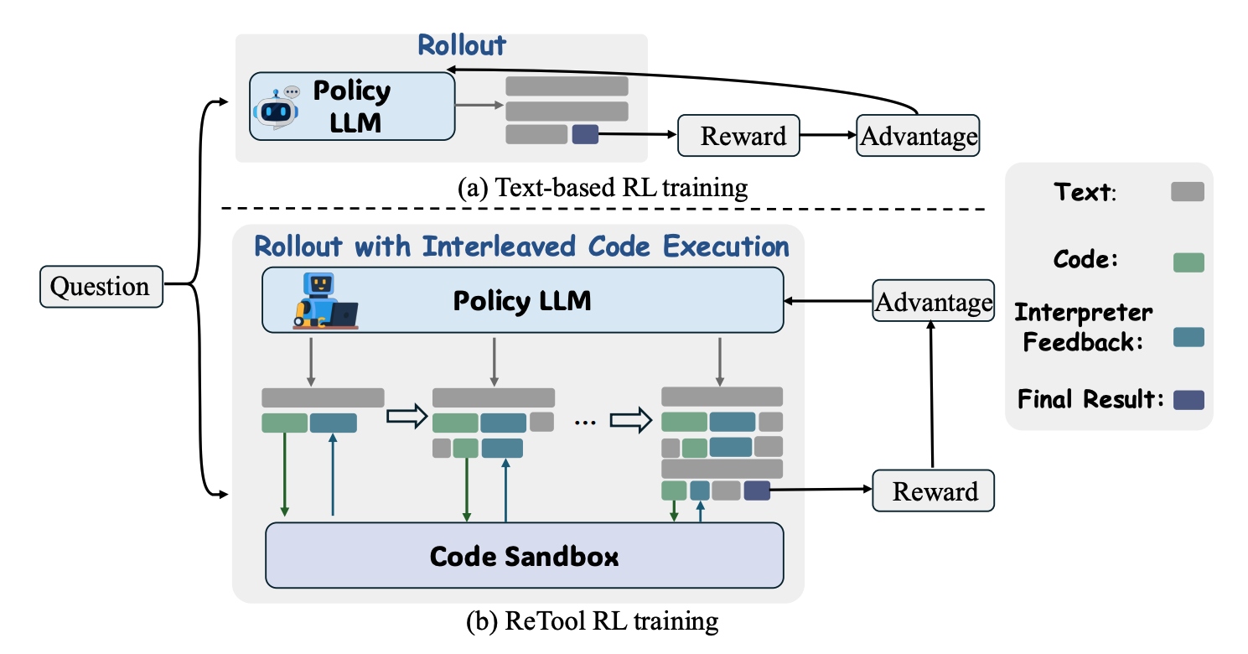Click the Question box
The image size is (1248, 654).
coord(101,286)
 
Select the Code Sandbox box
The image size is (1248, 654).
coord(524,556)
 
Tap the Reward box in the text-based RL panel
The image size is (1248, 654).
coord(738,135)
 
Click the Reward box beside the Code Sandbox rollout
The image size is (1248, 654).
coord(933,490)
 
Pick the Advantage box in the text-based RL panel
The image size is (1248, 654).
coord(917,135)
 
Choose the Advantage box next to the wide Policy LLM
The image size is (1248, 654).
coord(933,302)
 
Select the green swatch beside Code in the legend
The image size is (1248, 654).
coord(1187,262)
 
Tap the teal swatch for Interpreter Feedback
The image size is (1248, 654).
coord(1187,336)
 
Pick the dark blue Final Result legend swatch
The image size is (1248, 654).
coord(1187,399)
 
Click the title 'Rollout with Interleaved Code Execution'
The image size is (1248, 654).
coord(521,247)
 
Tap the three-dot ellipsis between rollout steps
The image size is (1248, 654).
coord(583,422)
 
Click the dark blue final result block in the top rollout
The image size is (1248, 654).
coord(584,134)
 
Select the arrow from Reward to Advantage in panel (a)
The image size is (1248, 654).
coord(827,135)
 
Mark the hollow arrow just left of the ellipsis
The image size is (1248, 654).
coord(407,418)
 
